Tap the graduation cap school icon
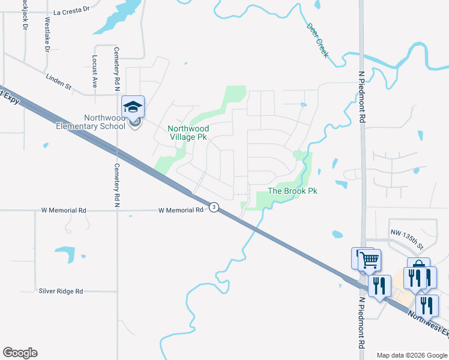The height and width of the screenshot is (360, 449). coord(133,107)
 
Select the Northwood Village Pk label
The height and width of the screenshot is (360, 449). coord(188,133)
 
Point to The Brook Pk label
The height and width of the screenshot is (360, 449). coord(292,191)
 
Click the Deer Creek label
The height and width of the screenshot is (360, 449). coord(318,40)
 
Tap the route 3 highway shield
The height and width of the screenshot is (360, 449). coord(214,207)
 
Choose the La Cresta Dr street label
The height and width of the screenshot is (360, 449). coord(71,11)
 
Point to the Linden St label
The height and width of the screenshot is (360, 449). coord(59,81)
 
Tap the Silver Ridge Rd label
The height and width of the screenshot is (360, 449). coord(61,291)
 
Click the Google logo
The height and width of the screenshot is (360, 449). coord(20,353)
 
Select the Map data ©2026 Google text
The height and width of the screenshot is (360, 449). coord(412,355)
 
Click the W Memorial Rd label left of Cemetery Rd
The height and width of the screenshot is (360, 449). coord(63,211)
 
